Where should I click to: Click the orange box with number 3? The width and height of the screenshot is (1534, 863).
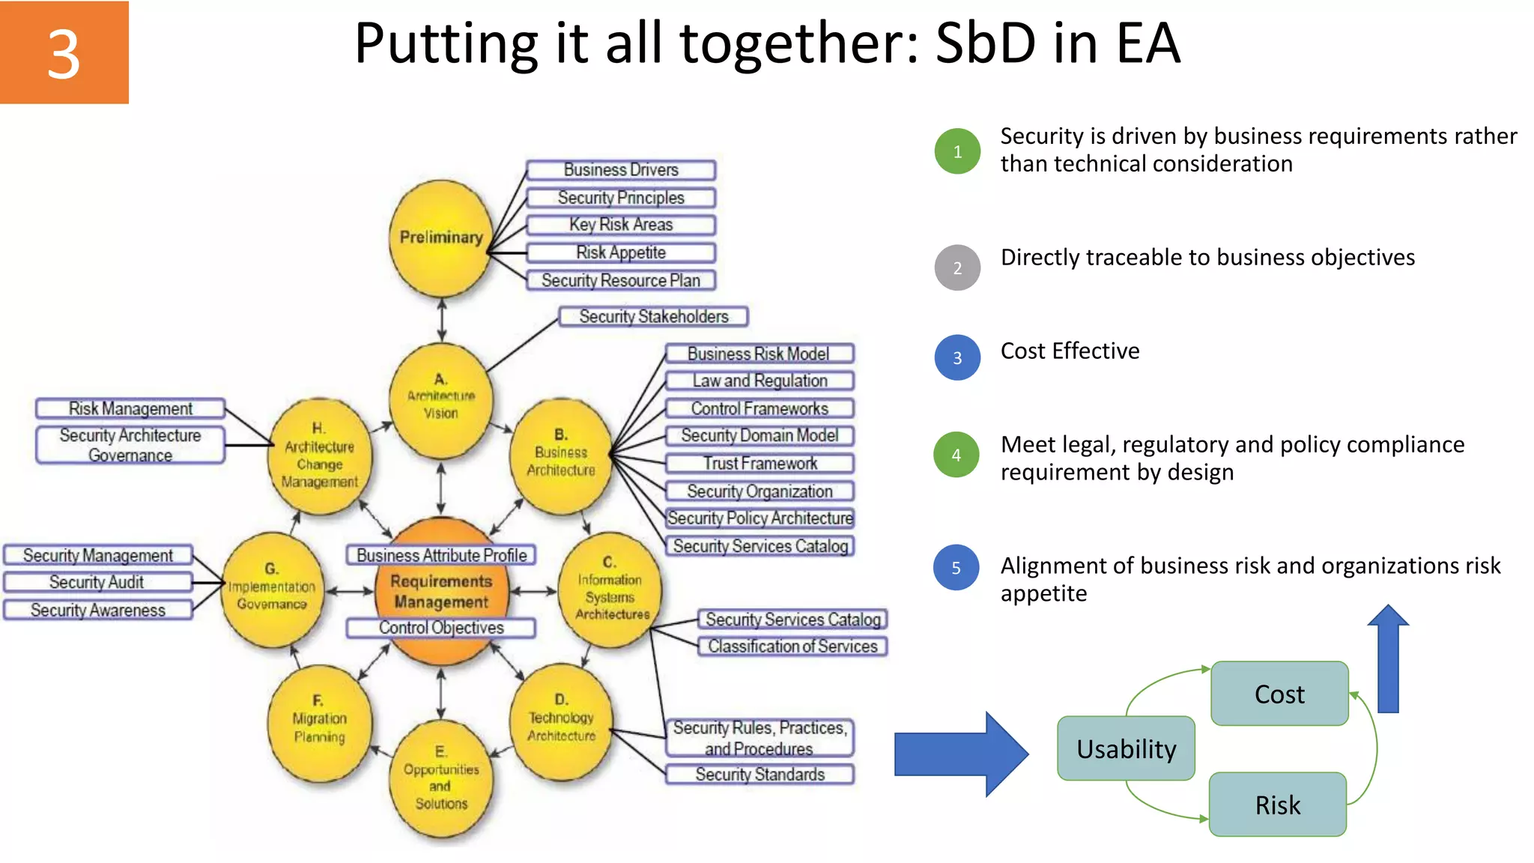64,52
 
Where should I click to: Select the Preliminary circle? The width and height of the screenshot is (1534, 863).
440,237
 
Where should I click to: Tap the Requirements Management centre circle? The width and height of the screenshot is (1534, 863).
441,592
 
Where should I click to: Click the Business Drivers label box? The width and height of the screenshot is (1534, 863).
621,170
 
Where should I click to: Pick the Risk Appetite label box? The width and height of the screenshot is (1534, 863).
621,252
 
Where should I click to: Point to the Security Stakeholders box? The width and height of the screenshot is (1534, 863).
653,316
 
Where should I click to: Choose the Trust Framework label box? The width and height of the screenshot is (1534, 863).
760,464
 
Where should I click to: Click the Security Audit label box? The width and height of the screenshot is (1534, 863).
97,582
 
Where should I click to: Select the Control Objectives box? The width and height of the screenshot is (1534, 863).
441,628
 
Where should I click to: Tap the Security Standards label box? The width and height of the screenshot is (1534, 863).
760,775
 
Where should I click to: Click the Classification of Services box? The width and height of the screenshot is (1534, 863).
792,646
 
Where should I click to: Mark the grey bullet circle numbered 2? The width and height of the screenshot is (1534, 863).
957,267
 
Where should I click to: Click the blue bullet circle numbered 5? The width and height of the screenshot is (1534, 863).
957,567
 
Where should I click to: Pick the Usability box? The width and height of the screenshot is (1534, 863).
1126,748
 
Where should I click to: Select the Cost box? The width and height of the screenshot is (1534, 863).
1279,694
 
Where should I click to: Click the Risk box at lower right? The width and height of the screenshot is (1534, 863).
1278,805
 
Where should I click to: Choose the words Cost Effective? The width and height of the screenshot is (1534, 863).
1070,351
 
